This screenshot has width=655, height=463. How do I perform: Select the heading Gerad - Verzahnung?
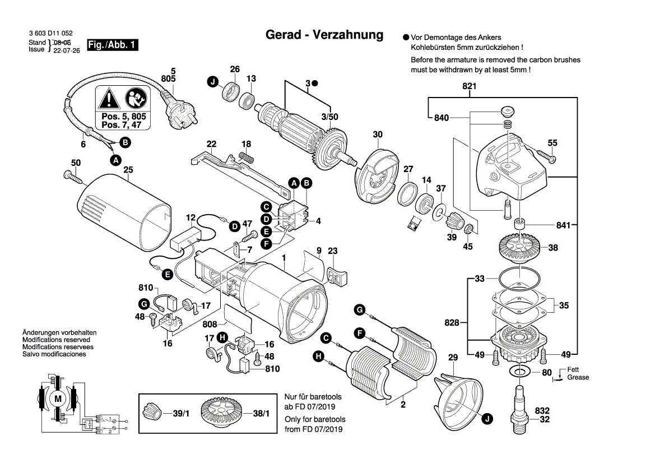(324, 35)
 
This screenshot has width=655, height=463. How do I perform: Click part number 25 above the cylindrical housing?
(128, 170)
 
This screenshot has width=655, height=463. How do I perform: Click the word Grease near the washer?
(578, 377)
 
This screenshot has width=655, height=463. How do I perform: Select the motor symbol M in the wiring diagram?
(58, 397)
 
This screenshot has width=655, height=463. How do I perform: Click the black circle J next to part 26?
(212, 83)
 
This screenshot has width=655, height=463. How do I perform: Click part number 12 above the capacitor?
(191, 217)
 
